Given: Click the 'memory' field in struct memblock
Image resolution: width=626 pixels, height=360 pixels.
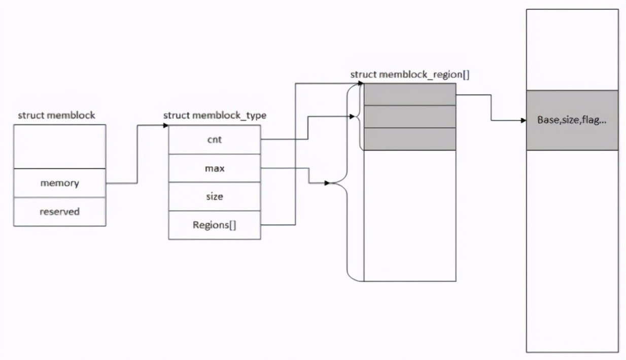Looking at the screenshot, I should tap(60, 183).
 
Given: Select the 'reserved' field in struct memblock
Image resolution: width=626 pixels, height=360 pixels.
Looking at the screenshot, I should tap(60, 211).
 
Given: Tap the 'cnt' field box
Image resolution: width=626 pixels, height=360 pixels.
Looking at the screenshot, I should tap(214, 139).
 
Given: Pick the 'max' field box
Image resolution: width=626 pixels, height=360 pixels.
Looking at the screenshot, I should tap(214, 168).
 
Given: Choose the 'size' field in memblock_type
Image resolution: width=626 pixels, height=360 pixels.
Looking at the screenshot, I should tap(214, 196).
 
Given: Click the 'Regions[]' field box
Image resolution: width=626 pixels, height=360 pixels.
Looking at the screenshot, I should tap(214, 225).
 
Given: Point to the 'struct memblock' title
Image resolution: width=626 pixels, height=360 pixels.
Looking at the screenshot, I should tap(56, 115).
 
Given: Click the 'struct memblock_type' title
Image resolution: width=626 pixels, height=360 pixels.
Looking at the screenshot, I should tap(215, 116).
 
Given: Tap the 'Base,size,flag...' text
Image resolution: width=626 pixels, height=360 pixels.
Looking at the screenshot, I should tap(572, 121).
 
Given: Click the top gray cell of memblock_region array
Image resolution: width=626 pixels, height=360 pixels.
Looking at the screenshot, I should tap(410, 94).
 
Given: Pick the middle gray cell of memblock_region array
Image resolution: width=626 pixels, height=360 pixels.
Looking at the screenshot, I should tap(410, 117).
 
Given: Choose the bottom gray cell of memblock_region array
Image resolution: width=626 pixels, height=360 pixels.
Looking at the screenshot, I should tap(410, 139).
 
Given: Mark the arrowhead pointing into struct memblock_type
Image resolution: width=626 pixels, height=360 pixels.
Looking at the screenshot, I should tap(165, 125).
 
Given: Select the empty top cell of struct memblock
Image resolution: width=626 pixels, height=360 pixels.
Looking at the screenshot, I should tap(60, 146).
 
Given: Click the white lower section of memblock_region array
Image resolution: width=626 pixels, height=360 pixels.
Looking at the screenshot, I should tap(410, 215).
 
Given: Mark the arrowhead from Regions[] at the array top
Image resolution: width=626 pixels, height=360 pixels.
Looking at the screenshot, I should tap(361, 83).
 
